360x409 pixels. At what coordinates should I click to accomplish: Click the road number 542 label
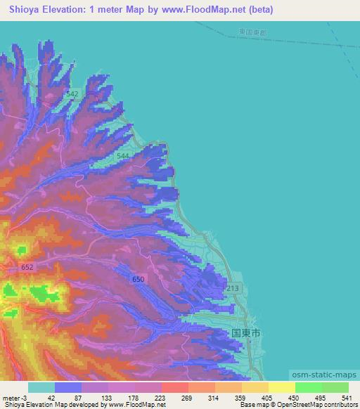tap(72, 93)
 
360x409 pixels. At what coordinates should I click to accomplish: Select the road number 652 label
tap(27, 267)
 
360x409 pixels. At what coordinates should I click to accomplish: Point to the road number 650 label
tap(138, 280)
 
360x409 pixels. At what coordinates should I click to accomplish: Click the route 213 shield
tap(233, 289)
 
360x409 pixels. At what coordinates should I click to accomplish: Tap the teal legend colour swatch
tap(41, 387)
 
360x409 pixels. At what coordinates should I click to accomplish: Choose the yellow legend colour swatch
tap(281, 387)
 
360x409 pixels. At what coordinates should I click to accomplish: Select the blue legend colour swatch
tap(68, 387)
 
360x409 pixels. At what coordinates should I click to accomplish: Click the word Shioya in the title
tap(27, 10)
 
